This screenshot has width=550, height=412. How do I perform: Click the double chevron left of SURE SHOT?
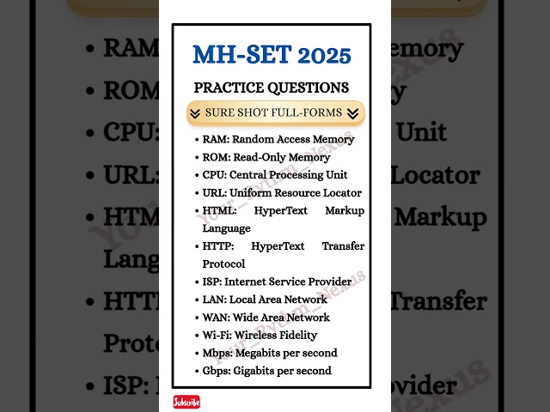pos(195,113)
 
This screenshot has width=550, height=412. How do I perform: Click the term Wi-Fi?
pos(215,336)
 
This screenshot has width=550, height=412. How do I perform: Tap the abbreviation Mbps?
pos(218,353)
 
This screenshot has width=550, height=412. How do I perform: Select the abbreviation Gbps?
pos(217,371)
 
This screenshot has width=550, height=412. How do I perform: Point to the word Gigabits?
pos(263,371)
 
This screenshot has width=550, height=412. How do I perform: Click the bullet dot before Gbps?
pos(197,372)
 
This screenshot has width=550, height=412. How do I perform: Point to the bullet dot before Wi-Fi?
pos(197,336)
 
